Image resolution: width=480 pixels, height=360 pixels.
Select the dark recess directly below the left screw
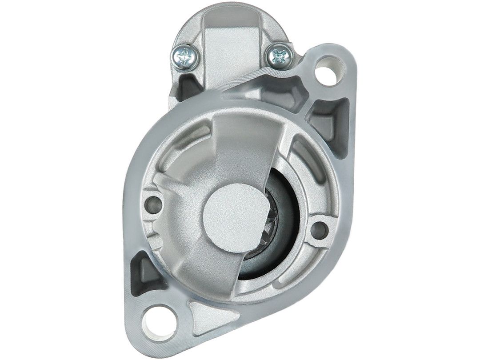pos(186,87)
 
